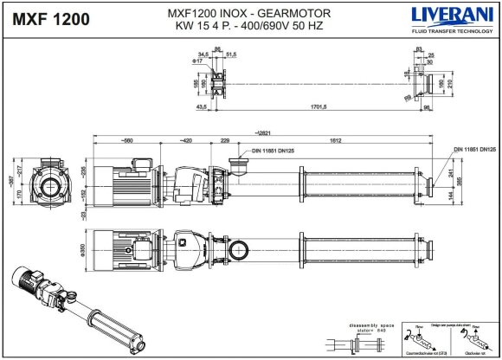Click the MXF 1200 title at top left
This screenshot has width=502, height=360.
51,20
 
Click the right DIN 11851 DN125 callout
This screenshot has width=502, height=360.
471,150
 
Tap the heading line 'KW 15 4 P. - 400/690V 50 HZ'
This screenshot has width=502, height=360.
250,25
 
